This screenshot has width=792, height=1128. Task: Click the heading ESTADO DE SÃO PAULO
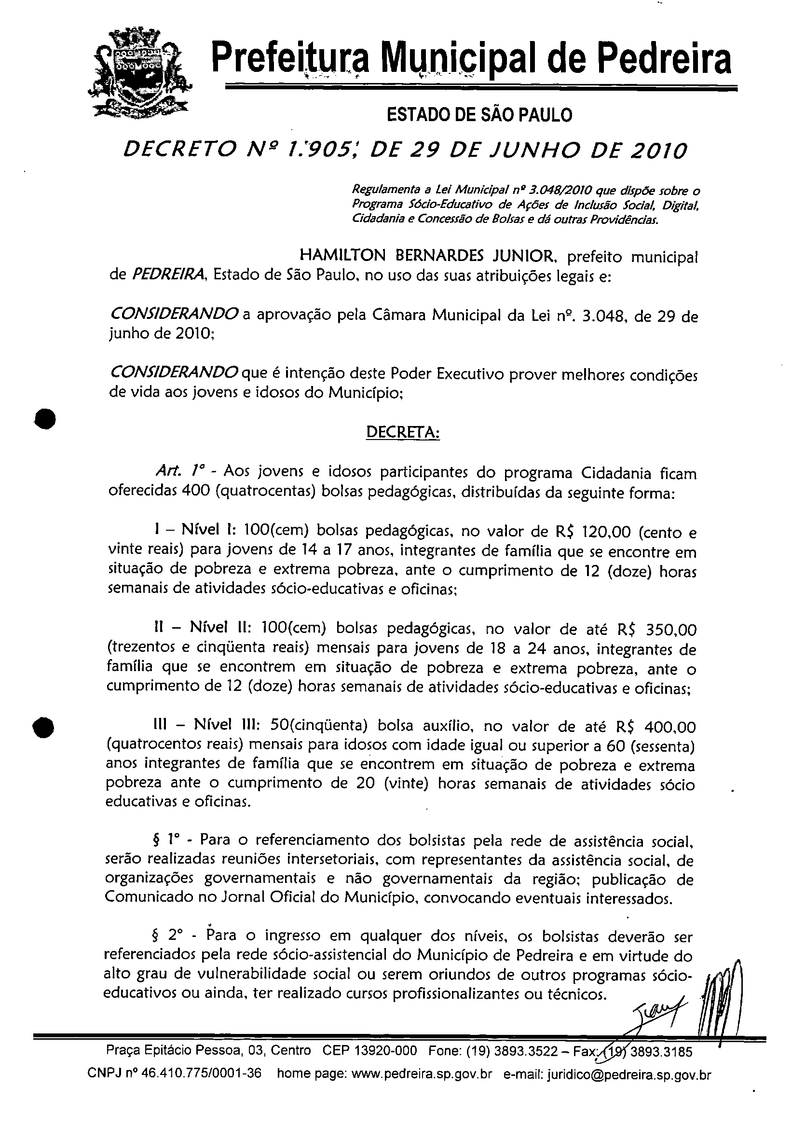pos(479,115)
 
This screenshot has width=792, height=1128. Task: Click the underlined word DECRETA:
pos(403,432)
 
